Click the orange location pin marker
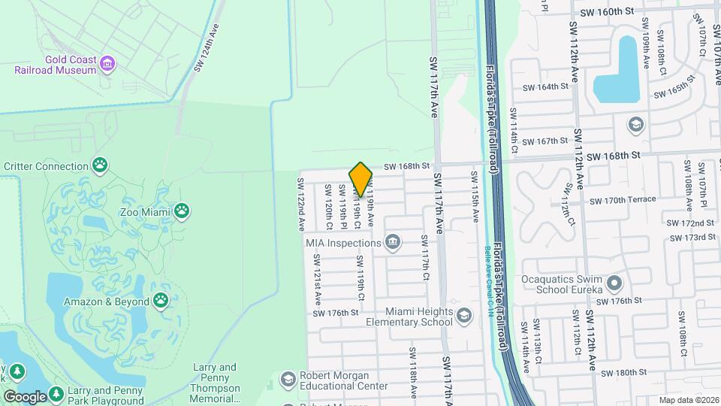(361, 180)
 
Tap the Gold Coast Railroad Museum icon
(107, 63)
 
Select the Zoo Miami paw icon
(181, 211)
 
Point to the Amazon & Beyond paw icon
(161, 301)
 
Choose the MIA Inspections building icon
(392, 242)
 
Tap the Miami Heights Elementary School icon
(464, 316)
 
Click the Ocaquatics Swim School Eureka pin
(614, 283)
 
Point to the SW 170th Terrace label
(623, 200)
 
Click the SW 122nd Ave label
(300, 204)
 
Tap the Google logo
(25, 396)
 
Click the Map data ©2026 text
(689, 400)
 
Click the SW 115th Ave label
(475, 197)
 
